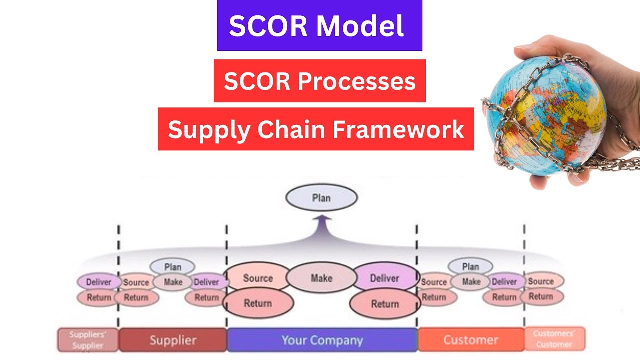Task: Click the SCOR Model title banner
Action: pyautogui.click(x=319, y=25)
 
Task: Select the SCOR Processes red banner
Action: pyautogui.click(x=319, y=81)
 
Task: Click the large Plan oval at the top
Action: pyautogui.click(x=321, y=198)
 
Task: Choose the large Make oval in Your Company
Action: pyautogui.click(x=321, y=278)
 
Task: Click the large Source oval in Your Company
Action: pyautogui.click(x=258, y=278)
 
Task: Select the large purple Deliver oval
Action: pyautogui.click(x=384, y=278)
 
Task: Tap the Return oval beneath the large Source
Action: pyautogui.click(x=258, y=303)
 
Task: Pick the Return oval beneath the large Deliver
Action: pyautogui.click(x=384, y=304)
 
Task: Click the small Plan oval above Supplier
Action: pyautogui.click(x=172, y=267)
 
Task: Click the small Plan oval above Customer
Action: pyautogui.click(x=470, y=267)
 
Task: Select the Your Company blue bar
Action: pyautogui.click(x=322, y=341)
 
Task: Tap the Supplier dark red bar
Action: pyautogui.click(x=173, y=341)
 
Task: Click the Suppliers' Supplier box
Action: pyautogui.click(x=88, y=340)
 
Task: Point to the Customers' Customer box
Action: pyautogui.click(x=554, y=339)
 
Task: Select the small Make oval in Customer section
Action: pyautogui.click(x=471, y=282)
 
